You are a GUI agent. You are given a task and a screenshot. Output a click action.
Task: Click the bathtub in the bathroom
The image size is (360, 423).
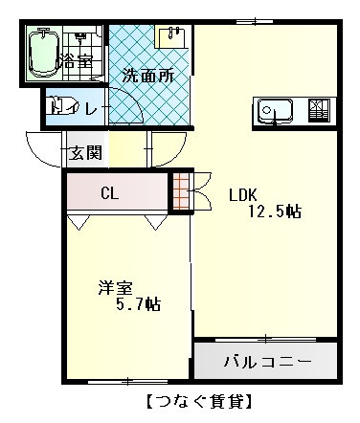(44, 53)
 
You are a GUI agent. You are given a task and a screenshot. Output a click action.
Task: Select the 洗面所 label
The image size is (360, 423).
(148, 77)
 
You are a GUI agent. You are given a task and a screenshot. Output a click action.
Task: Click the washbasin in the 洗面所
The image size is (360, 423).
(171, 36)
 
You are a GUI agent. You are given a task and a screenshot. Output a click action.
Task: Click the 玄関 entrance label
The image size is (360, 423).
(86, 152)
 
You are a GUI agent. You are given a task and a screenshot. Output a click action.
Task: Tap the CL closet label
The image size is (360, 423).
(110, 192)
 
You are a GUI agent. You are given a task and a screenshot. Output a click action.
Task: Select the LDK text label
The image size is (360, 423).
(243, 194)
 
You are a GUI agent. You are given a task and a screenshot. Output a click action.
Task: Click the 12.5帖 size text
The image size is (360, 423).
(275, 211)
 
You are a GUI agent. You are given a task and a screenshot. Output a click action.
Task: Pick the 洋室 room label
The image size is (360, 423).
(115, 288)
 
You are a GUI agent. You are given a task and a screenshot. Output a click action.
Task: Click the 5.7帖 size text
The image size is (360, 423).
(138, 304)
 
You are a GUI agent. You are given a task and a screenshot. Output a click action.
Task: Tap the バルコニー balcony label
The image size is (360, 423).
(267, 362)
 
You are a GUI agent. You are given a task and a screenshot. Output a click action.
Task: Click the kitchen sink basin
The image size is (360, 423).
(275, 110)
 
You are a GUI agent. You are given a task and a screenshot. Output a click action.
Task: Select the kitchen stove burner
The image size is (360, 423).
(319, 110)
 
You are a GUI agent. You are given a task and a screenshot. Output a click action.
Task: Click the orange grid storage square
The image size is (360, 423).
(181, 191)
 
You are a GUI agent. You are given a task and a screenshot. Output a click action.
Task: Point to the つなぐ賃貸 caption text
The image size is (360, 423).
(199, 401)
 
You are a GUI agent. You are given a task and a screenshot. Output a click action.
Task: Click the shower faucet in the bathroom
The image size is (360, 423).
(80, 35)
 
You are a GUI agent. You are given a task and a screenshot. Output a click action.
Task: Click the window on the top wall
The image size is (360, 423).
(255, 21)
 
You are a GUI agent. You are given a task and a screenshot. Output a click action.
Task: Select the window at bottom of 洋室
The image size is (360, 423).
(127, 381)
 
